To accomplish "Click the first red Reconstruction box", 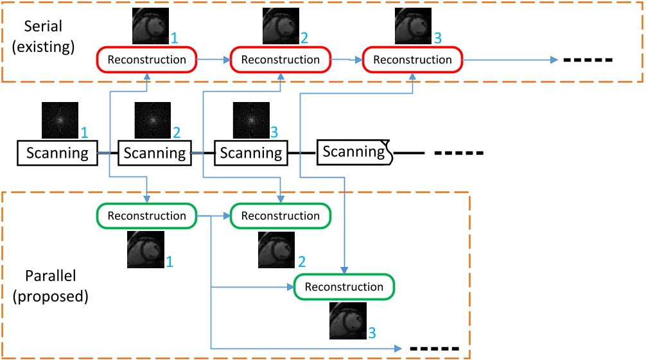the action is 146,60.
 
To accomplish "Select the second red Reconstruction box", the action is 280,60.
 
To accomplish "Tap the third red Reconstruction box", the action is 412,60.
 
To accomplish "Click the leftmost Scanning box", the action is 57,153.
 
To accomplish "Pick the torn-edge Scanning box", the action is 354,152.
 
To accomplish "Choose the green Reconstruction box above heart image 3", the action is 344,287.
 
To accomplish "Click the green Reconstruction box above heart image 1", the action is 146,216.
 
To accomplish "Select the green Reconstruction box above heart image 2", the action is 280,216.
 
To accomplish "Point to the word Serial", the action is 43,26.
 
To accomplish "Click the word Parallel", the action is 50,276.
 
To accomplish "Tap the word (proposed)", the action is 50,296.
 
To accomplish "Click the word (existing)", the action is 43,47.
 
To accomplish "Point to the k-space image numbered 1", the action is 60,120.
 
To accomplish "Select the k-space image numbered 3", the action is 251,120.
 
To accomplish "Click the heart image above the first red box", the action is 150,26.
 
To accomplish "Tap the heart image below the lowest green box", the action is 347,321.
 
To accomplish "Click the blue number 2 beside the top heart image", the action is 304,38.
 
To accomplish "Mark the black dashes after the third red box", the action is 588,60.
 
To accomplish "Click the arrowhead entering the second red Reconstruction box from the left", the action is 227,60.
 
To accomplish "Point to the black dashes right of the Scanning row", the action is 459,153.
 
